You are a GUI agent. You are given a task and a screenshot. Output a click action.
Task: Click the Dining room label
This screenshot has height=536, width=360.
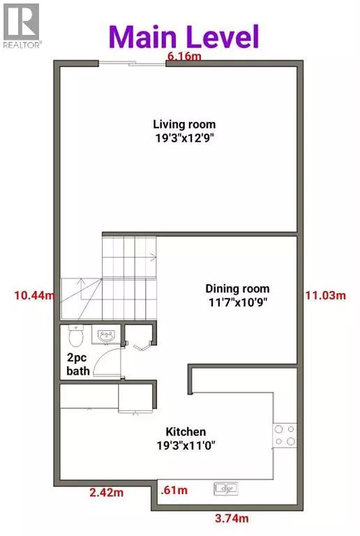pyautogui.click(x=237, y=288)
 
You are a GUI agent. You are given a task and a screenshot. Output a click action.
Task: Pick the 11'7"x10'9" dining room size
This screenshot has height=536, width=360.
pyautogui.click(x=237, y=302)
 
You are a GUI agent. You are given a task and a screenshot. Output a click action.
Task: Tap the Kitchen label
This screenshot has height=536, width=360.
pyautogui.click(x=185, y=431)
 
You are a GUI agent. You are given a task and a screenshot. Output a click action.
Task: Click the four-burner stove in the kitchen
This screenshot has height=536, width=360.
pyautogui.click(x=284, y=435)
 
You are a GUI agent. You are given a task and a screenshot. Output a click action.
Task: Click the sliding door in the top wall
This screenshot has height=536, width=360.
pyautogui.click(x=132, y=64)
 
